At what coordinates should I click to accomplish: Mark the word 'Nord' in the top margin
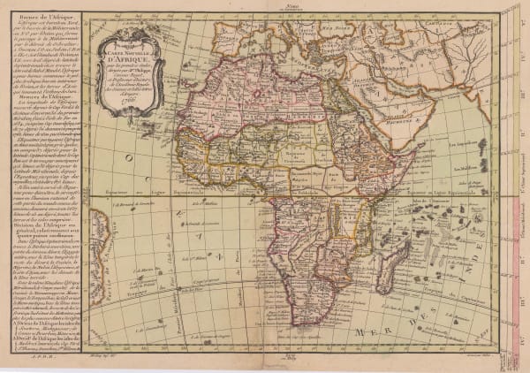pyautogui.click(x=301, y=4)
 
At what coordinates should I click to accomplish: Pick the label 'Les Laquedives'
pyautogui.click(x=490, y=141)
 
